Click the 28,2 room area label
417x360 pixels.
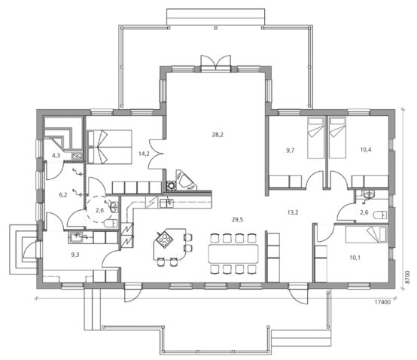pos(218,135)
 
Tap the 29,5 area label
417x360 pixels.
pos(237,219)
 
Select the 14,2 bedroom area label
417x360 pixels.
pos(144,154)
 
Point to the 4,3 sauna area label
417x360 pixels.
pos(56,155)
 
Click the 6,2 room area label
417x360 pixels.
pos(63,195)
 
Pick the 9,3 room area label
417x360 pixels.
pos(75,255)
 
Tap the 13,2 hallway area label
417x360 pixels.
pos(293,212)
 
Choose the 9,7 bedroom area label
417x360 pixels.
pos(290,151)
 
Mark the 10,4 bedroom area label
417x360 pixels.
pos(366,150)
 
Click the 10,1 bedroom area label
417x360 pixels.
pos(355,258)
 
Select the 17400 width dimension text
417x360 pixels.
pos(382,302)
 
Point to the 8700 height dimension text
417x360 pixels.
pos(408,277)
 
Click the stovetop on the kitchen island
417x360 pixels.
pos(163,239)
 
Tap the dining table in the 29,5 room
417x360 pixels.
pos(233,254)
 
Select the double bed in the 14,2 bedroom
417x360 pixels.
pos(110,147)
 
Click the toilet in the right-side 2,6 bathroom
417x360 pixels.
pos(380,215)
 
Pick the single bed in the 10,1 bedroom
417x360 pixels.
pos(367,234)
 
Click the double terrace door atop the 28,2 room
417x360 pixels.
pos(216,63)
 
